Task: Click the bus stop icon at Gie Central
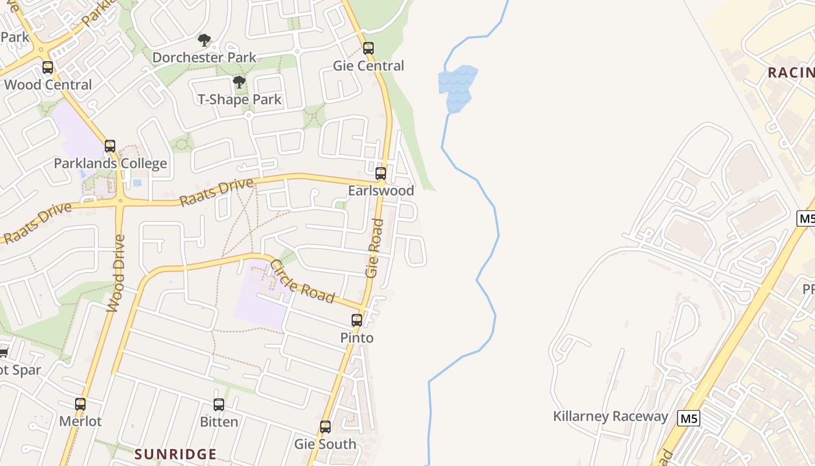(368, 48)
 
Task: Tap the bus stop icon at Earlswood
(381, 173)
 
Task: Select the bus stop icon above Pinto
(357, 320)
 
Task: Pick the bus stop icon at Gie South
(325, 427)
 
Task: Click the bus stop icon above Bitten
(219, 405)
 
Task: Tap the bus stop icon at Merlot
(80, 404)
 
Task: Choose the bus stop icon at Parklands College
(110, 146)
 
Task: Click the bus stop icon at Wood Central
(48, 68)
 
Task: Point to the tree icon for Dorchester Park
(204, 40)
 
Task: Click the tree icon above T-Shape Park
(239, 82)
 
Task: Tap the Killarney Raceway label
(610, 416)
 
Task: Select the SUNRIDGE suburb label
(176, 454)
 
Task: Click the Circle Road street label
(302, 282)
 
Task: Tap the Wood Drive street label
(116, 273)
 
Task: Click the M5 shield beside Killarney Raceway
(689, 418)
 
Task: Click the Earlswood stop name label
(381, 190)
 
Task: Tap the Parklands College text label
(111, 164)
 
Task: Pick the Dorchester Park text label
(204, 58)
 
